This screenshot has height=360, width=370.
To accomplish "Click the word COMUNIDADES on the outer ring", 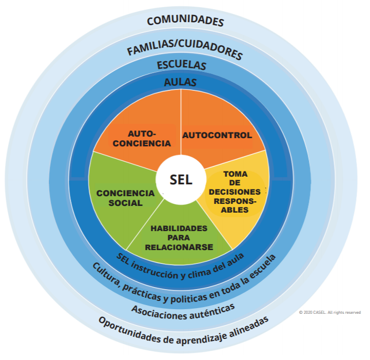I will (x=185, y=21).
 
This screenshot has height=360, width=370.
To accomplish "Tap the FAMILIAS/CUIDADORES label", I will (x=184, y=50).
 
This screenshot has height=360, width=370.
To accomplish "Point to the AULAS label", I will (x=180, y=82).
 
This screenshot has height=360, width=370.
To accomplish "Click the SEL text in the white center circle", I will (x=181, y=180).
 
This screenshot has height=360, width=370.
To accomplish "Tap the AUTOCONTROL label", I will (x=217, y=136).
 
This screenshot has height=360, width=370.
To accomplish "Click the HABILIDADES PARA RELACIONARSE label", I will (x=179, y=237).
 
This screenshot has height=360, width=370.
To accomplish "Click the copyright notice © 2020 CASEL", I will (x=329, y=312).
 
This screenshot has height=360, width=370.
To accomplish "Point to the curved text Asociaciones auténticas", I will (x=183, y=309).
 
